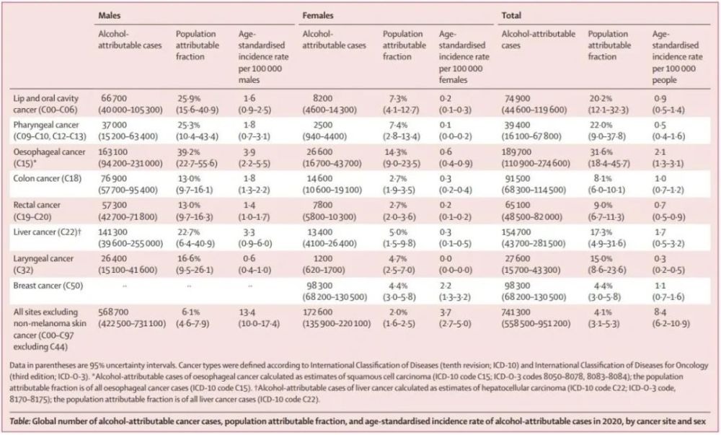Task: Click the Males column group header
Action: [110, 14]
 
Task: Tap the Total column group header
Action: [511, 14]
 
